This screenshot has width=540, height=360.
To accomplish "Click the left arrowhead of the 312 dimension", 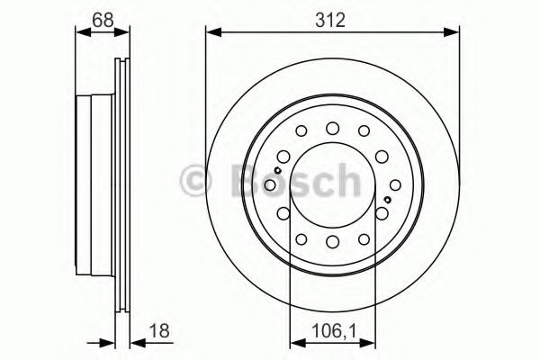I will point(211,32).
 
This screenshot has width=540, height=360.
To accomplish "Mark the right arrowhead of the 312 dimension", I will point(453,32).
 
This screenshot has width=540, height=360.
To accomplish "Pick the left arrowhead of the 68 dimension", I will point(80,32).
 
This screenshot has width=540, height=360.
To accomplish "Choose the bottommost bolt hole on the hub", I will point(332,241).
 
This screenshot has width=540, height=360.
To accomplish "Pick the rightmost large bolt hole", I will point(382,212).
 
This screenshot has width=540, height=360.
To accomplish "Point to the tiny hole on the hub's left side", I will point(279,171).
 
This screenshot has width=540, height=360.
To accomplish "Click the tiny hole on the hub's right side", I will point(387,199).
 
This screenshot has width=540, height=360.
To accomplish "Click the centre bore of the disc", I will point(332,184).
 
